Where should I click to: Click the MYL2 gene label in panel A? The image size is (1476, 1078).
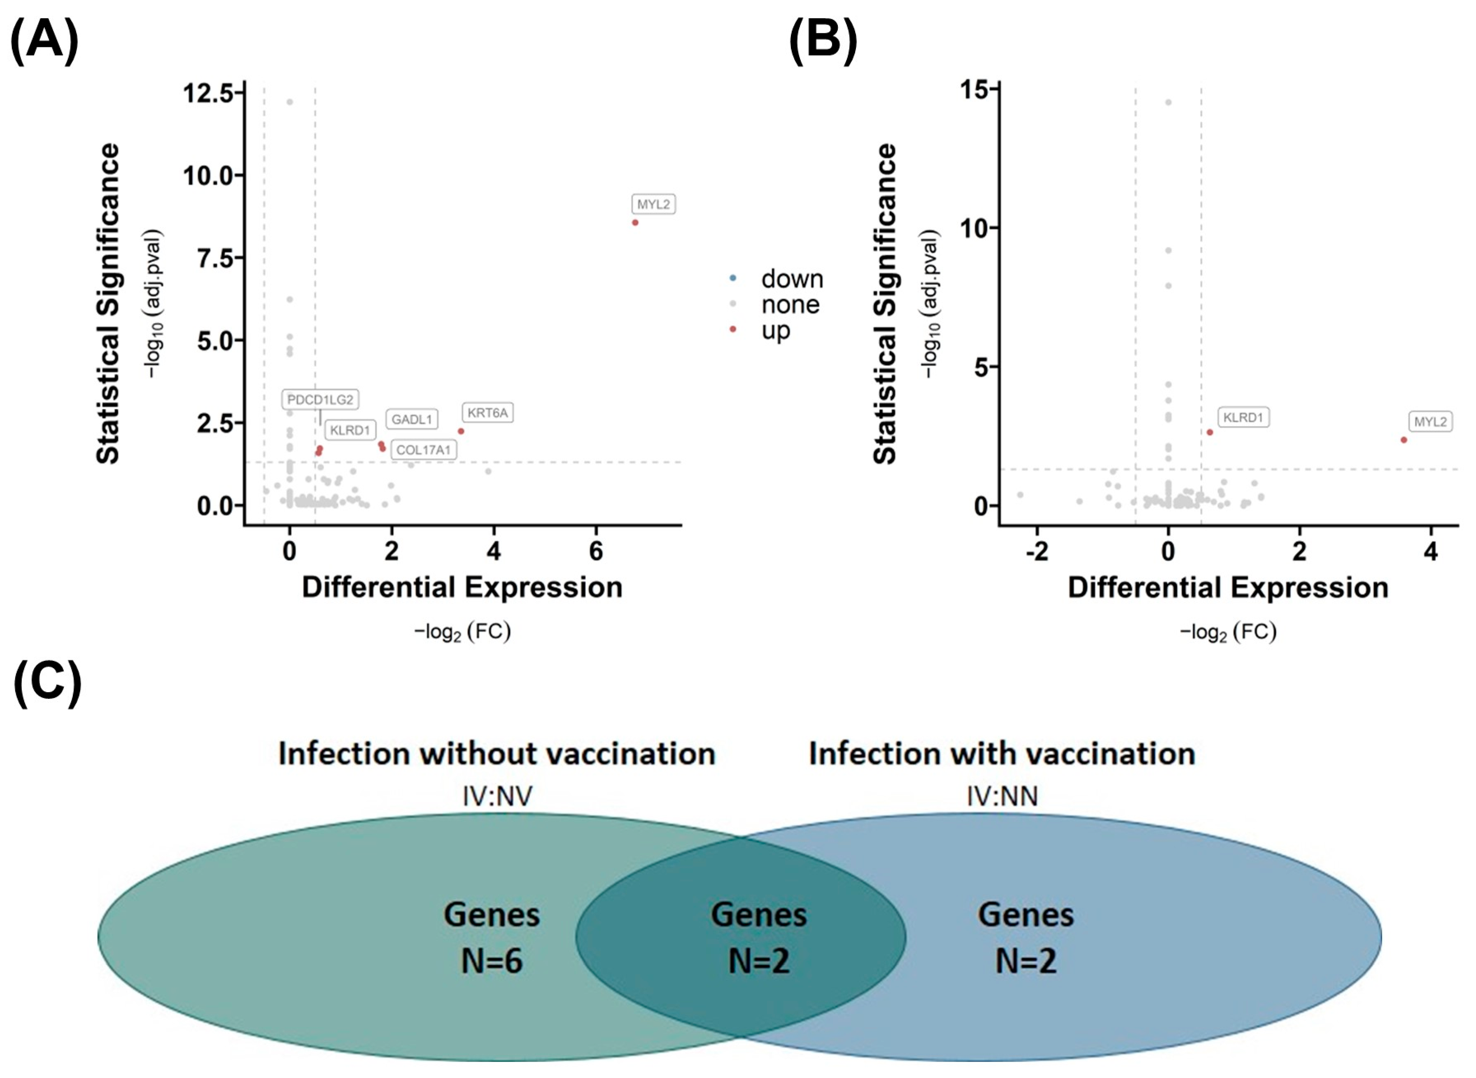(x=653, y=204)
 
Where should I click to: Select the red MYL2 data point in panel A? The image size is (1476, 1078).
(x=635, y=222)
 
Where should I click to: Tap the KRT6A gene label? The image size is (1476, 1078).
(x=487, y=413)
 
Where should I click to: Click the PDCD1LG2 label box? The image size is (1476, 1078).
(x=320, y=399)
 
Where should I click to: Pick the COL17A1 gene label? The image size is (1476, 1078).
(x=424, y=450)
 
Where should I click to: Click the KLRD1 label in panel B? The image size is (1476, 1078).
(x=1243, y=418)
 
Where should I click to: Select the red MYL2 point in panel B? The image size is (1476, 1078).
(x=1404, y=440)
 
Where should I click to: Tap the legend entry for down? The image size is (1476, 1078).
(x=791, y=279)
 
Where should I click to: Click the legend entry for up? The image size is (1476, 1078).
(x=775, y=330)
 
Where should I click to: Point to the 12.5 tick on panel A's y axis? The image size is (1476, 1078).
(x=209, y=93)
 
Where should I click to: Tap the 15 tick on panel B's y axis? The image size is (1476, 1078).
(x=974, y=89)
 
